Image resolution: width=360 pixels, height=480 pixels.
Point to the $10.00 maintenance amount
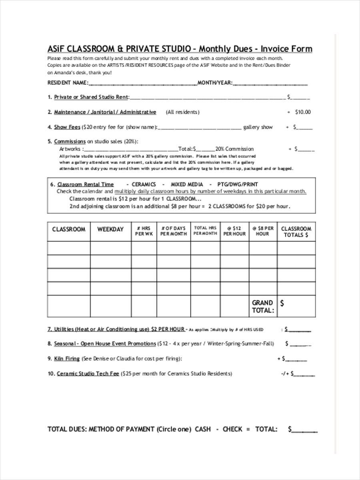pos(303,112)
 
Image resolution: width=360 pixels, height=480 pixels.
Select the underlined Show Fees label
pos(67,127)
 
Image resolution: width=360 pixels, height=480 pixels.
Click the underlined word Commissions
pos(70,141)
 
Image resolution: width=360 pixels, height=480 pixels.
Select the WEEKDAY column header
pos(110,230)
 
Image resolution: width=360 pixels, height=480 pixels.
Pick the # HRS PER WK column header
pos(144,231)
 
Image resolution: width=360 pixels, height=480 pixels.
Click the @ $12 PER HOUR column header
pos(234,231)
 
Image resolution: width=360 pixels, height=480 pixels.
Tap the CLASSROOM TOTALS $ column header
pos(296,232)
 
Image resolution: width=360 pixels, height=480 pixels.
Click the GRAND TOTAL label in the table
pos(262,306)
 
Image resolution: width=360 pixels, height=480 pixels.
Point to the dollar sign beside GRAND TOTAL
pos(282,303)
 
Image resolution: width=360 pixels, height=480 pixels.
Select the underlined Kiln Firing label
pos(67,359)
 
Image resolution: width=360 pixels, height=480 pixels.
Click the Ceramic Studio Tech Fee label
pos(88,374)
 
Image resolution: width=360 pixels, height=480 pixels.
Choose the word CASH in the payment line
pos(203,429)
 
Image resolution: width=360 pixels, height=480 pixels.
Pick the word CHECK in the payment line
pos(232,429)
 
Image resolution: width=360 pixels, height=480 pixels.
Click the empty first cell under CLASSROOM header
pos(69,248)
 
